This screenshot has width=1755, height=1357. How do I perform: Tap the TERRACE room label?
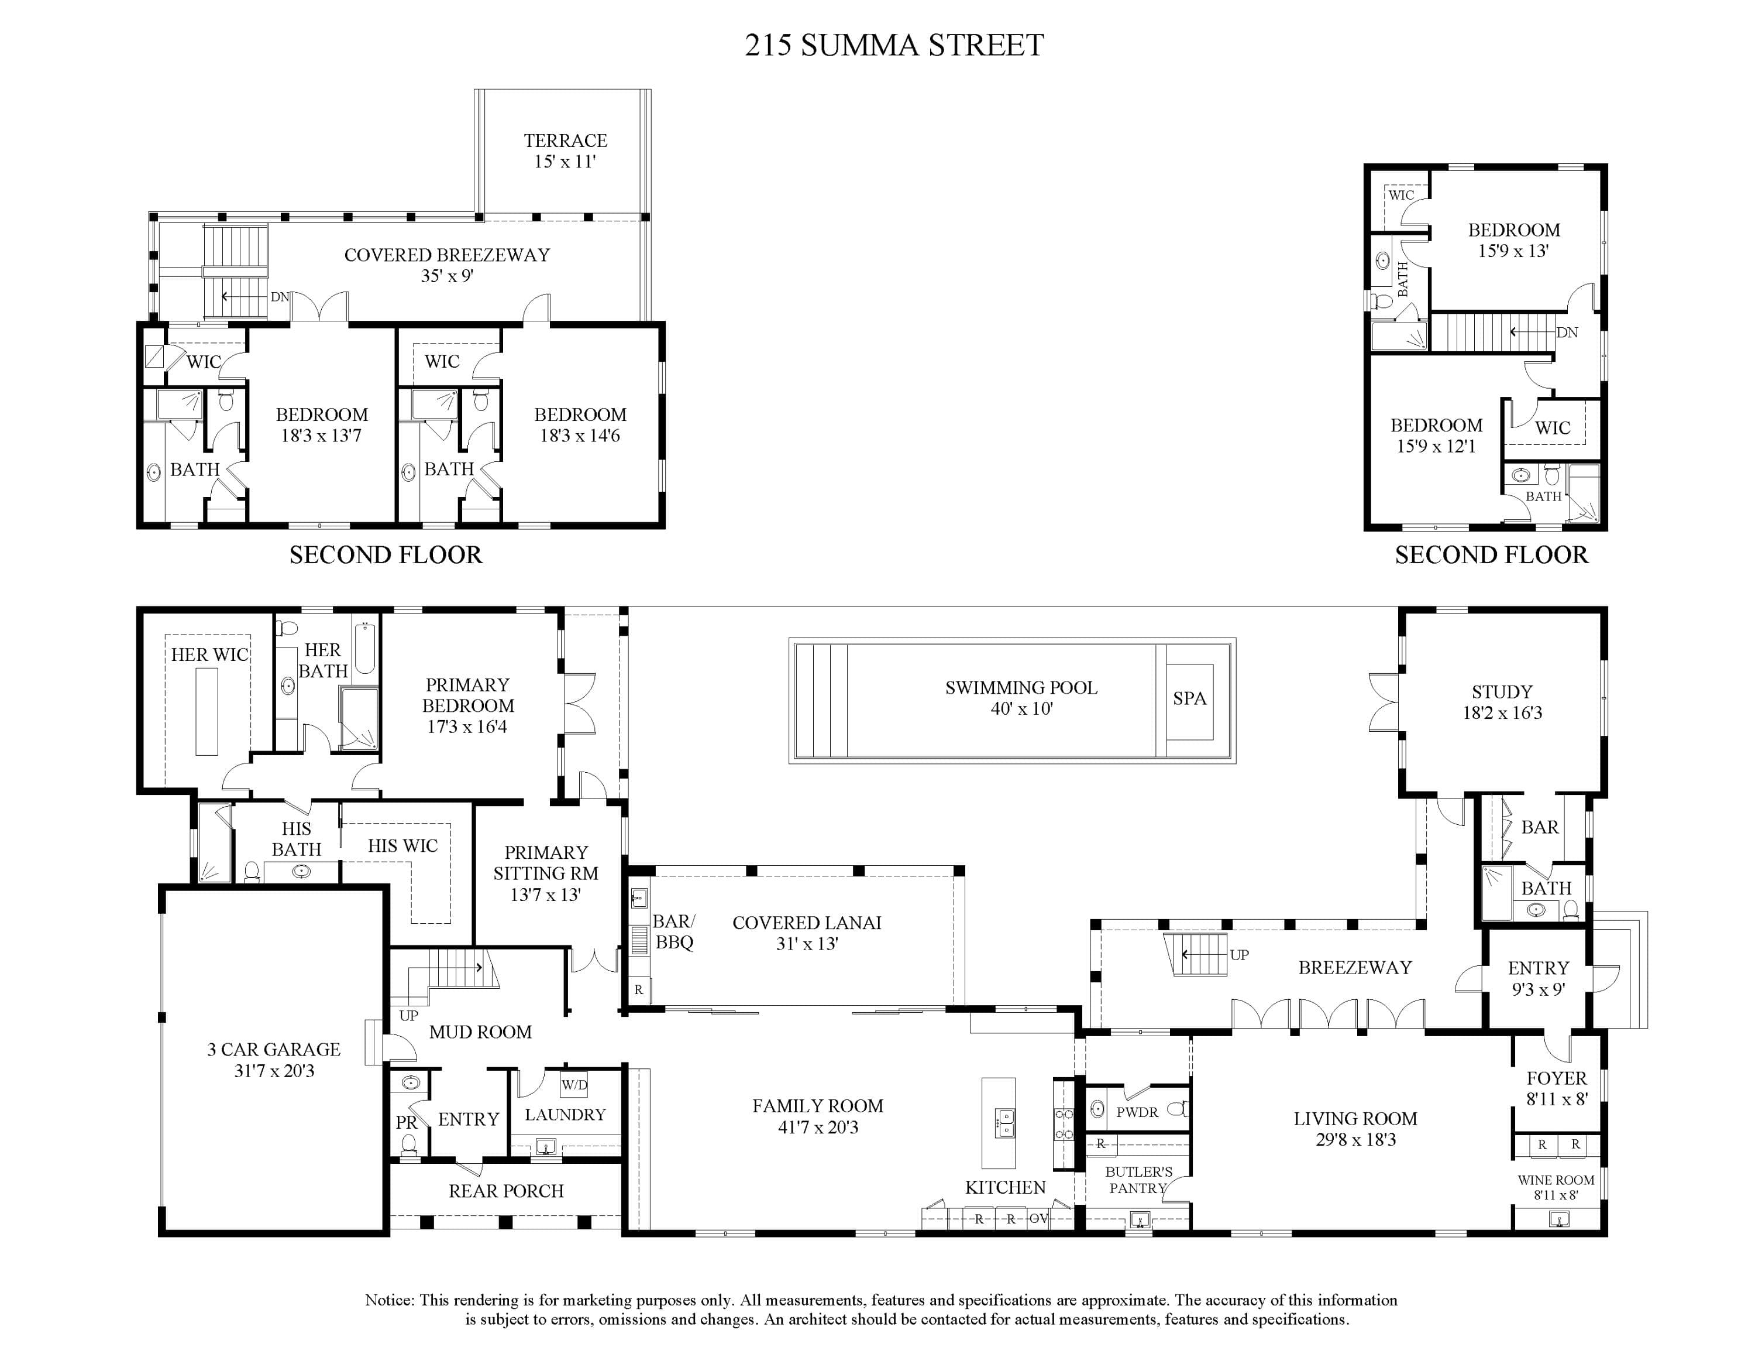[565, 141]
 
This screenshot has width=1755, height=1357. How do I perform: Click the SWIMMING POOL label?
[1021, 687]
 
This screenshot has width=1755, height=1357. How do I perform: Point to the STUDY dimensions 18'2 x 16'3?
[1502, 712]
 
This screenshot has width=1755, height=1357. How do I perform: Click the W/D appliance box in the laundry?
[574, 1084]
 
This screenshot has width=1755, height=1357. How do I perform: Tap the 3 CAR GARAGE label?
[274, 1049]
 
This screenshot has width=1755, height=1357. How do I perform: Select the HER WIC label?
[210, 654]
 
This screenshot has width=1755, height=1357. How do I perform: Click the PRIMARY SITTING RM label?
[546, 862]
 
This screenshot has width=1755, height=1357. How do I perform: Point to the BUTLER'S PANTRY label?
[1138, 1180]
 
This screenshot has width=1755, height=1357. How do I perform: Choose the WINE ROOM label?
[1556, 1180]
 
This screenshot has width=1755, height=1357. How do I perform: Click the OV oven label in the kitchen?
[1038, 1219]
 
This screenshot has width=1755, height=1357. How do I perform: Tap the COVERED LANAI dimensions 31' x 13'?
[807, 944]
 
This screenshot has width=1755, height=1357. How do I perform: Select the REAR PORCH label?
[506, 1191]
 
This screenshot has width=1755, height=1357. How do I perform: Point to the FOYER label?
[1557, 1078]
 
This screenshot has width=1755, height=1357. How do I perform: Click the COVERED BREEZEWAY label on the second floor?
[447, 255]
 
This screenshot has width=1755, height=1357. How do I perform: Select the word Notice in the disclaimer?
[390, 1300]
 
